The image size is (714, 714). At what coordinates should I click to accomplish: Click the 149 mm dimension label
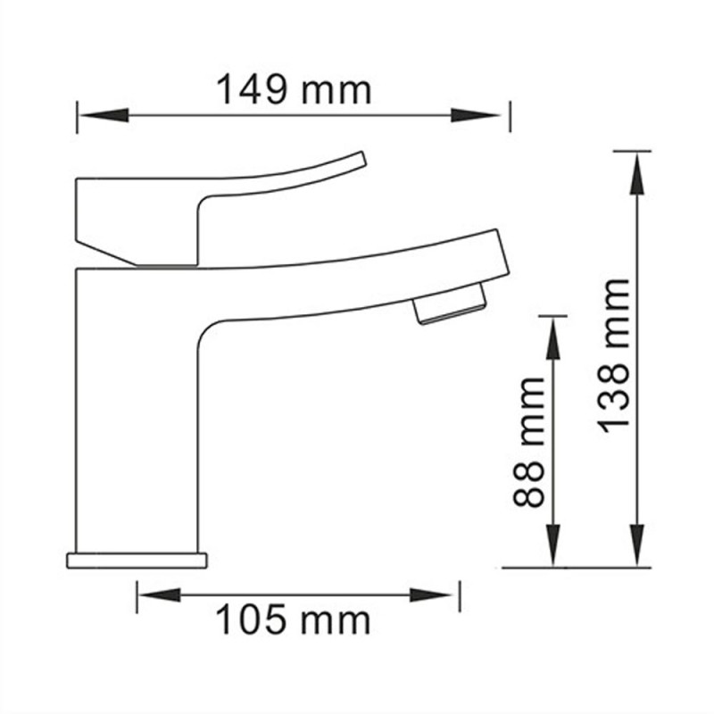(294, 90)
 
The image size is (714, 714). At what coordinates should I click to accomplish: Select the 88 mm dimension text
(529, 441)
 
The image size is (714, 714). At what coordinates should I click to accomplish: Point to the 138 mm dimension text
(615, 355)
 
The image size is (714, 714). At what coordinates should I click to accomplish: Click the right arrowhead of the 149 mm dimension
(477, 115)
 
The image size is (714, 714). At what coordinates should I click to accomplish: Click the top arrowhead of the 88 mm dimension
(554, 338)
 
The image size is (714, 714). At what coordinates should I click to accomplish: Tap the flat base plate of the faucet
(137, 560)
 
